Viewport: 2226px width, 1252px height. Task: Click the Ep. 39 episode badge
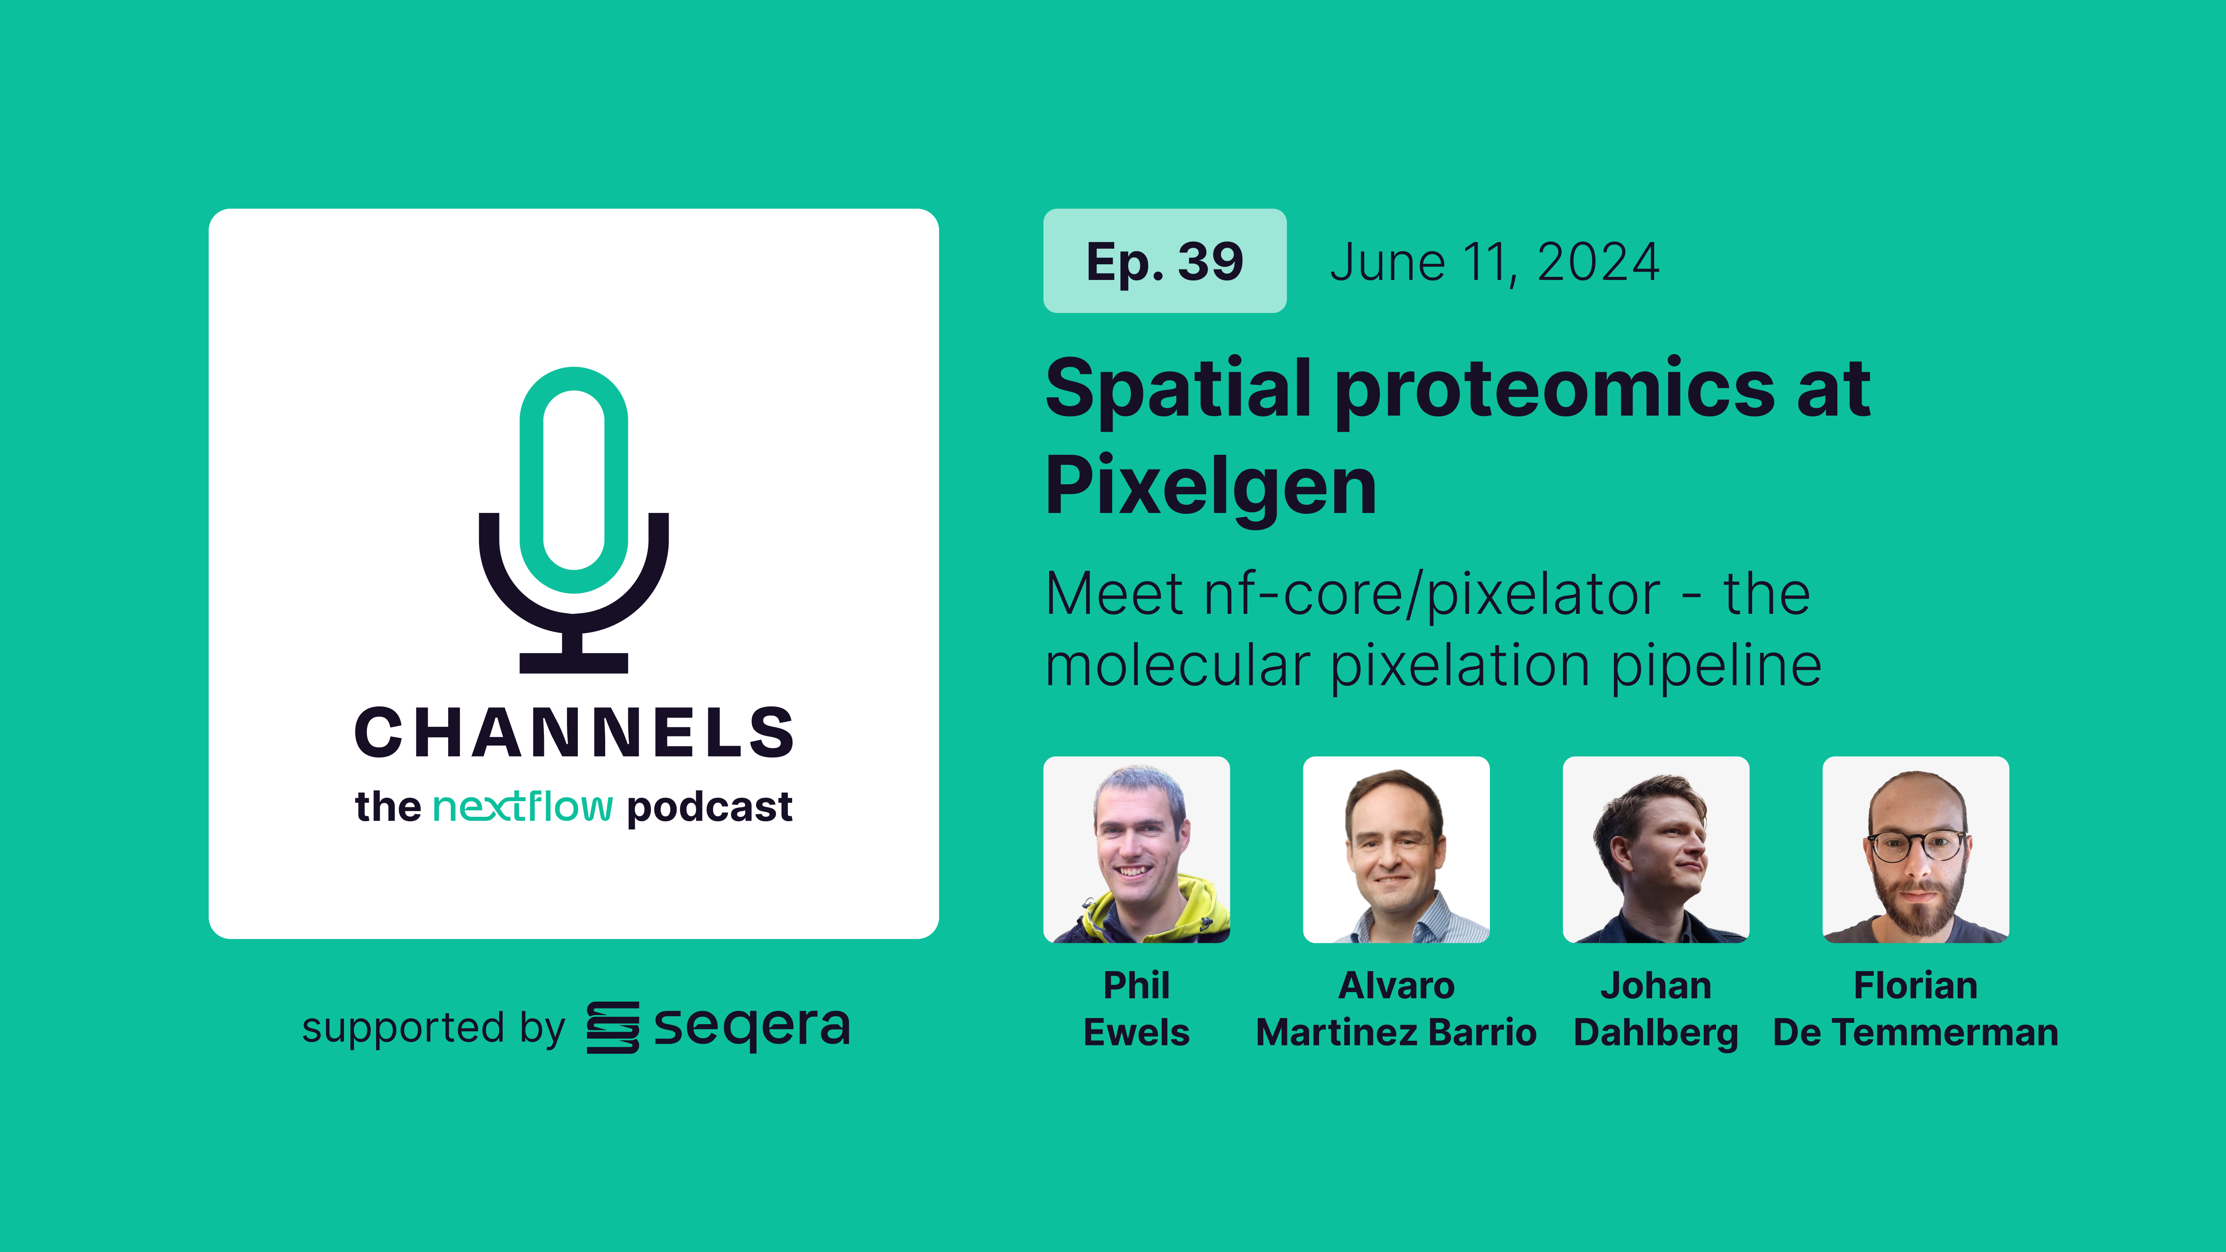click(x=1164, y=261)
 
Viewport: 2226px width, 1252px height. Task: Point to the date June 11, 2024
click(x=1494, y=263)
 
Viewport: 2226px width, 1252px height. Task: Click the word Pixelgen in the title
click(x=1210, y=486)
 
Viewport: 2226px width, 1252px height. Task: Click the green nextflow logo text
click(x=523, y=807)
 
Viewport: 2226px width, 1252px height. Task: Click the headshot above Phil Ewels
click(x=1136, y=849)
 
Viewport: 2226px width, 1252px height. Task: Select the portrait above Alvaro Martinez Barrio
click(x=1396, y=849)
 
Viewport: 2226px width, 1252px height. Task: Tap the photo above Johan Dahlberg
click(x=1656, y=849)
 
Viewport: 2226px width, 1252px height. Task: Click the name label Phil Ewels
click(x=1136, y=1009)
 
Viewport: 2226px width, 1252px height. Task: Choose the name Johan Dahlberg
click(x=1656, y=1009)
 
